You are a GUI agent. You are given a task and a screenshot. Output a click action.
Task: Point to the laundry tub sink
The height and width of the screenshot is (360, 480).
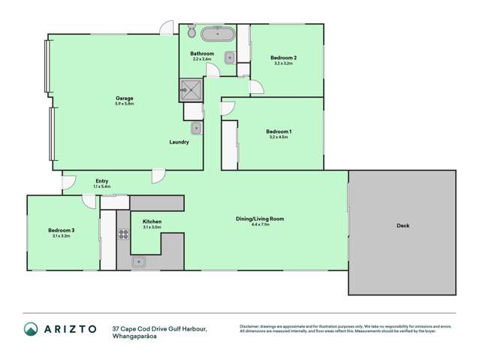pos(195,129)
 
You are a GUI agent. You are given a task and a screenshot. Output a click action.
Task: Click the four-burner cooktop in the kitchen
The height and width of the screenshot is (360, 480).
pos(122,233)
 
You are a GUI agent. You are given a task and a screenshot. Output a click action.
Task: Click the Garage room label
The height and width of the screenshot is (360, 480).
pos(124,98)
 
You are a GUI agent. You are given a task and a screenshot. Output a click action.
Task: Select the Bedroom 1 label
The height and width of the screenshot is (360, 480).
pos(279,132)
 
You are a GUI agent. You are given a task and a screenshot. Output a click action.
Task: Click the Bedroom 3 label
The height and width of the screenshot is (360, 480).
pos(61,230)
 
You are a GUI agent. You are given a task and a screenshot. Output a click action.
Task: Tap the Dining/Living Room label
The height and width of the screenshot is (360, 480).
pos(260,218)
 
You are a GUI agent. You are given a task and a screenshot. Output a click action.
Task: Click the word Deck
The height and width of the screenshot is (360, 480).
pos(403,225)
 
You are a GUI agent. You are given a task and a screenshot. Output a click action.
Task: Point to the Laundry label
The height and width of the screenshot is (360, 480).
pos(179,142)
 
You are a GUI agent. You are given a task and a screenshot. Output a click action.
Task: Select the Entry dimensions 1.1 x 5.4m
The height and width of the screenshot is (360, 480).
pos(101,186)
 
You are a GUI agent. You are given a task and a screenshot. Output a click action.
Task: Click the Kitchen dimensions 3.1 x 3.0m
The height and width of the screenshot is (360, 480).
pos(152,228)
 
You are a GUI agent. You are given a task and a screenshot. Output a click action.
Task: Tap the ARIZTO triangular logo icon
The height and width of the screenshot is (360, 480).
pos(31,329)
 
